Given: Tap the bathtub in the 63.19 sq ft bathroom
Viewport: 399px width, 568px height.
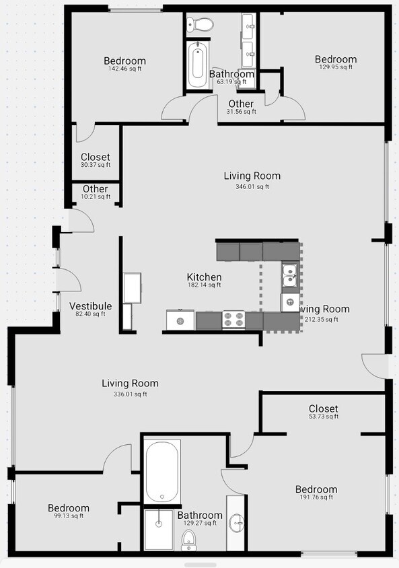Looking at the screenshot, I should click(198, 66).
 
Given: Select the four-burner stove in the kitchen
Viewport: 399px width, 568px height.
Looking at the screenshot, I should click(233, 320).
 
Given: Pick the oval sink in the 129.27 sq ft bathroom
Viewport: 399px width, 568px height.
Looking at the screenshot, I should click(236, 522).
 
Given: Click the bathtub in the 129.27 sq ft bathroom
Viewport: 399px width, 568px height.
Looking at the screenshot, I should click(162, 471).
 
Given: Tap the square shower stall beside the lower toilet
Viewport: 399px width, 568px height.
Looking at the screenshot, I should click(159, 529).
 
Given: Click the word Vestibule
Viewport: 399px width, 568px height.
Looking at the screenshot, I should click(91, 306).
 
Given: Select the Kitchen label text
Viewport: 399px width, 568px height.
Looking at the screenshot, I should click(204, 277).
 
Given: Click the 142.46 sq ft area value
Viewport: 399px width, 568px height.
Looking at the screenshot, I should click(124, 69).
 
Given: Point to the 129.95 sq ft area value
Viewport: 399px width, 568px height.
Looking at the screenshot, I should click(335, 67).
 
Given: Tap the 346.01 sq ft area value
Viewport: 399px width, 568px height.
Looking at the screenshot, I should click(252, 186).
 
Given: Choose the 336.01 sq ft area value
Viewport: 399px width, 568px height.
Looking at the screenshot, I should click(130, 394).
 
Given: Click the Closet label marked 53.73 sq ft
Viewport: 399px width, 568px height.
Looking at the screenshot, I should click(323, 409).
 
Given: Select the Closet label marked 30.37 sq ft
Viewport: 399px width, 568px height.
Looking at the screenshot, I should click(95, 157).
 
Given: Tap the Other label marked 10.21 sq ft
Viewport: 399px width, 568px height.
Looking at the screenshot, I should click(95, 189).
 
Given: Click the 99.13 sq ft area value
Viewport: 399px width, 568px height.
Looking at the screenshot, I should click(68, 516).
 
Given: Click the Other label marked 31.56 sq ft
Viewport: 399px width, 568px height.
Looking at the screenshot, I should click(241, 104).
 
